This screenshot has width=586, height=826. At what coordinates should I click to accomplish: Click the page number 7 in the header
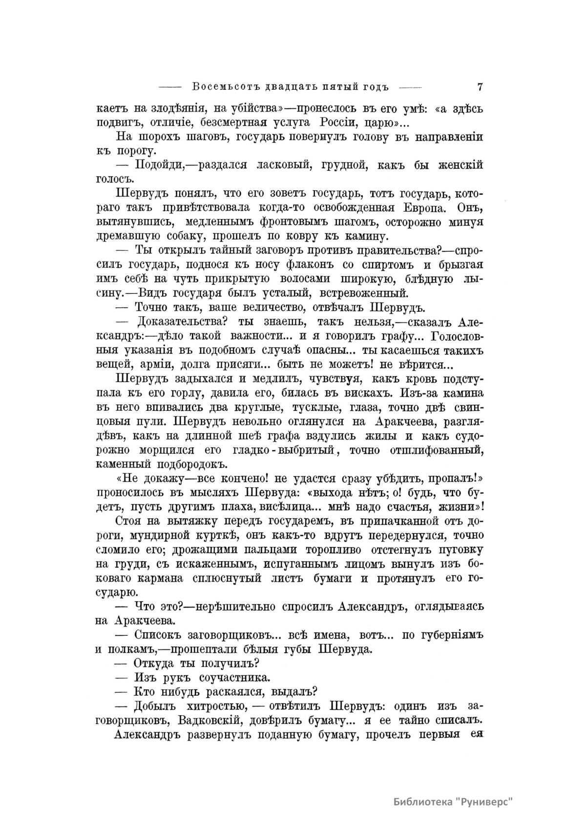click(480, 87)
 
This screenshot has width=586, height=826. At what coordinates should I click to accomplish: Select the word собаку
click(192, 237)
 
